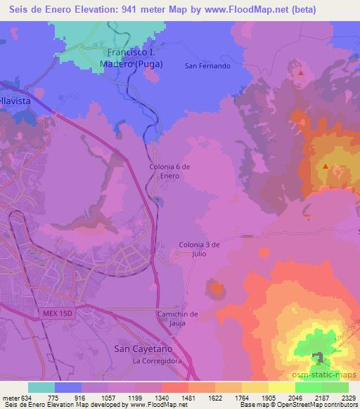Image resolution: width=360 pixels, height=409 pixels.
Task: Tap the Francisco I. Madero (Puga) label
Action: [136, 58]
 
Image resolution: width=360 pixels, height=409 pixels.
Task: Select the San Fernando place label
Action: [207, 66]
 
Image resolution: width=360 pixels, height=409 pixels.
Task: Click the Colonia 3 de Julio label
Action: [200, 249]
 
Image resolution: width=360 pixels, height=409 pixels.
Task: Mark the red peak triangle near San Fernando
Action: [301, 72]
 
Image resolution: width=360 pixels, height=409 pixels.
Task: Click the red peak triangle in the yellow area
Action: [326, 167]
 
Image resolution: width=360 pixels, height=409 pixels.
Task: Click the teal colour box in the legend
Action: [41, 387]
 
